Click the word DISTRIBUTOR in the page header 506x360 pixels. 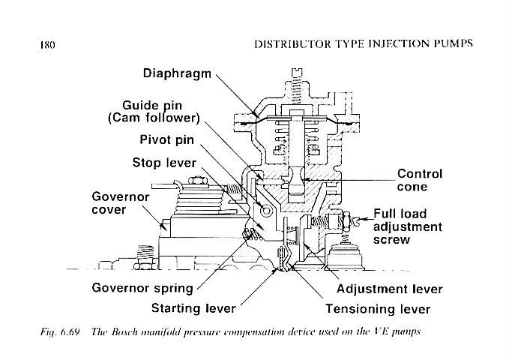click(295, 43)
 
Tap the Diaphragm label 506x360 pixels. click(176, 73)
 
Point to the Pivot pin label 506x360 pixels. click(172, 140)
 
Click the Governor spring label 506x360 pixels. click(142, 288)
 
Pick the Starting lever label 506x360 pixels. click(193, 308)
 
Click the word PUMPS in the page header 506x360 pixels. click(451, 43)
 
